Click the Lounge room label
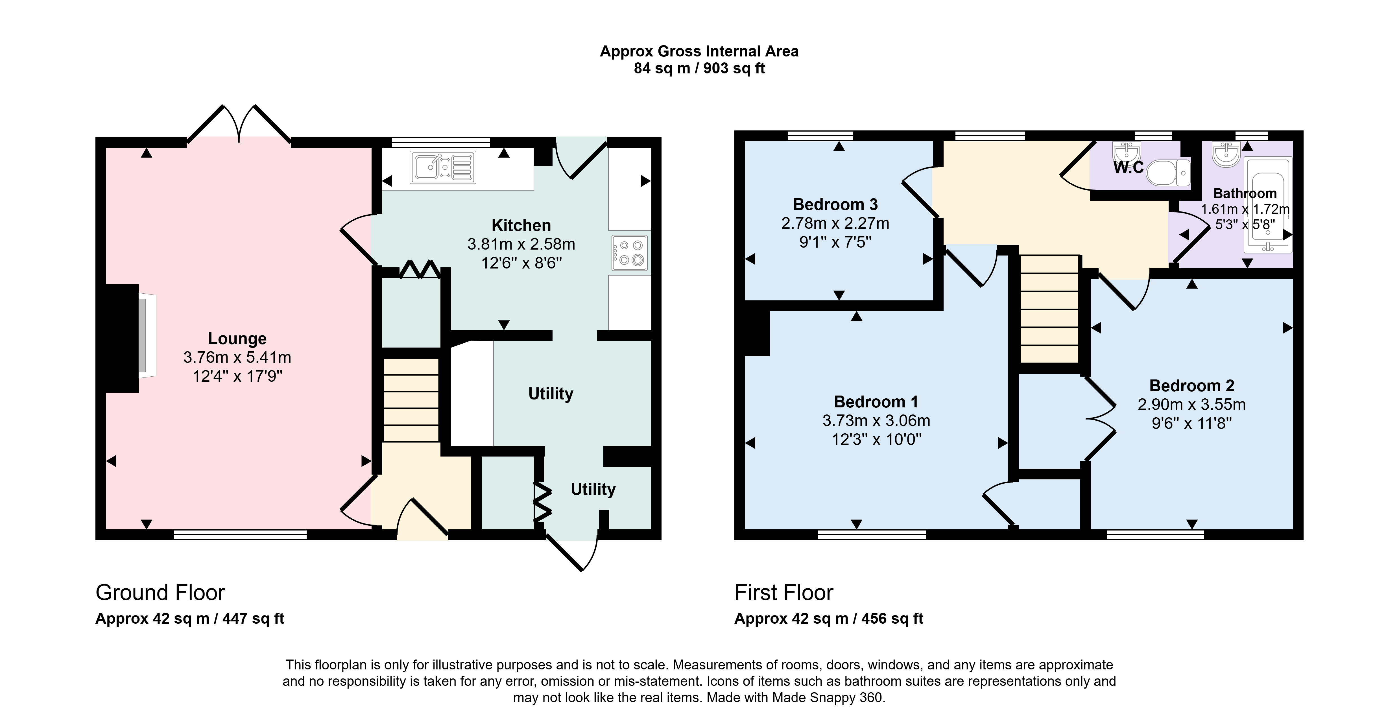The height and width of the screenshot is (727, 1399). [237, 339]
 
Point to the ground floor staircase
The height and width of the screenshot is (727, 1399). [411, 400]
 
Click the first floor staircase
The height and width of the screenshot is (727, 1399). [1049, 309]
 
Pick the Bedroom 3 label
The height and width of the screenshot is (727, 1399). [835, 205]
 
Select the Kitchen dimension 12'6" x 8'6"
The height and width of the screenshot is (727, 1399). [521, 263]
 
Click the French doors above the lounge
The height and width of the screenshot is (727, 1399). [239, 125]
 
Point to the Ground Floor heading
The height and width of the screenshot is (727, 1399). [160, 592]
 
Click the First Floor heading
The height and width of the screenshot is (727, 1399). [784, 592]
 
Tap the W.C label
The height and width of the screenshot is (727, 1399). [1129, 168]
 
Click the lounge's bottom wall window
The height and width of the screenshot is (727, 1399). [240, 535]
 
